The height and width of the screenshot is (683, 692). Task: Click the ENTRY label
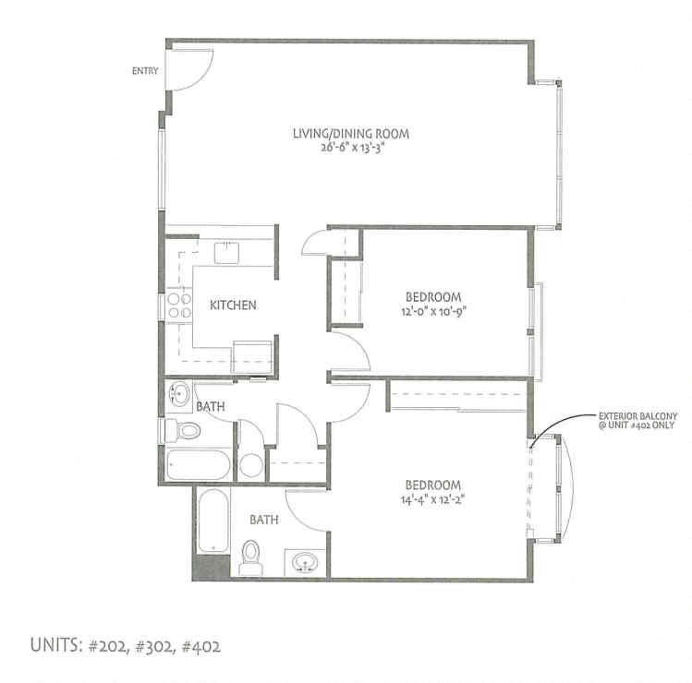(145, 71)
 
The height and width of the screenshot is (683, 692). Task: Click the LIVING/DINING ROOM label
(350, 134)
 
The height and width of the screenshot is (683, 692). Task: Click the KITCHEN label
(232, 306)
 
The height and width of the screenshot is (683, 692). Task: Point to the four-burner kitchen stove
(178, 306)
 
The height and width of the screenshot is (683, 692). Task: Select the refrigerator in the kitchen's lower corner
(251, 354)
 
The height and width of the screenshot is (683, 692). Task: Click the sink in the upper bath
(179, 395)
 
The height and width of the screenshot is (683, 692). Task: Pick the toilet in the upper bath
(182, 430)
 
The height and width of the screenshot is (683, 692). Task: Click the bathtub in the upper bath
(198, 465)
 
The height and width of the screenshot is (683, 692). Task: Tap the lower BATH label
(264, 520)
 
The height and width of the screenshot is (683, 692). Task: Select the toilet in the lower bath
(249, 555)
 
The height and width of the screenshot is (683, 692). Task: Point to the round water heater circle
(250, 465)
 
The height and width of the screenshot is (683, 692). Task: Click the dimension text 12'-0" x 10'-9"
(433, 310)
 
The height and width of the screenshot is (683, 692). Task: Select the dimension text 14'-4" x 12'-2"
(432, 499)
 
